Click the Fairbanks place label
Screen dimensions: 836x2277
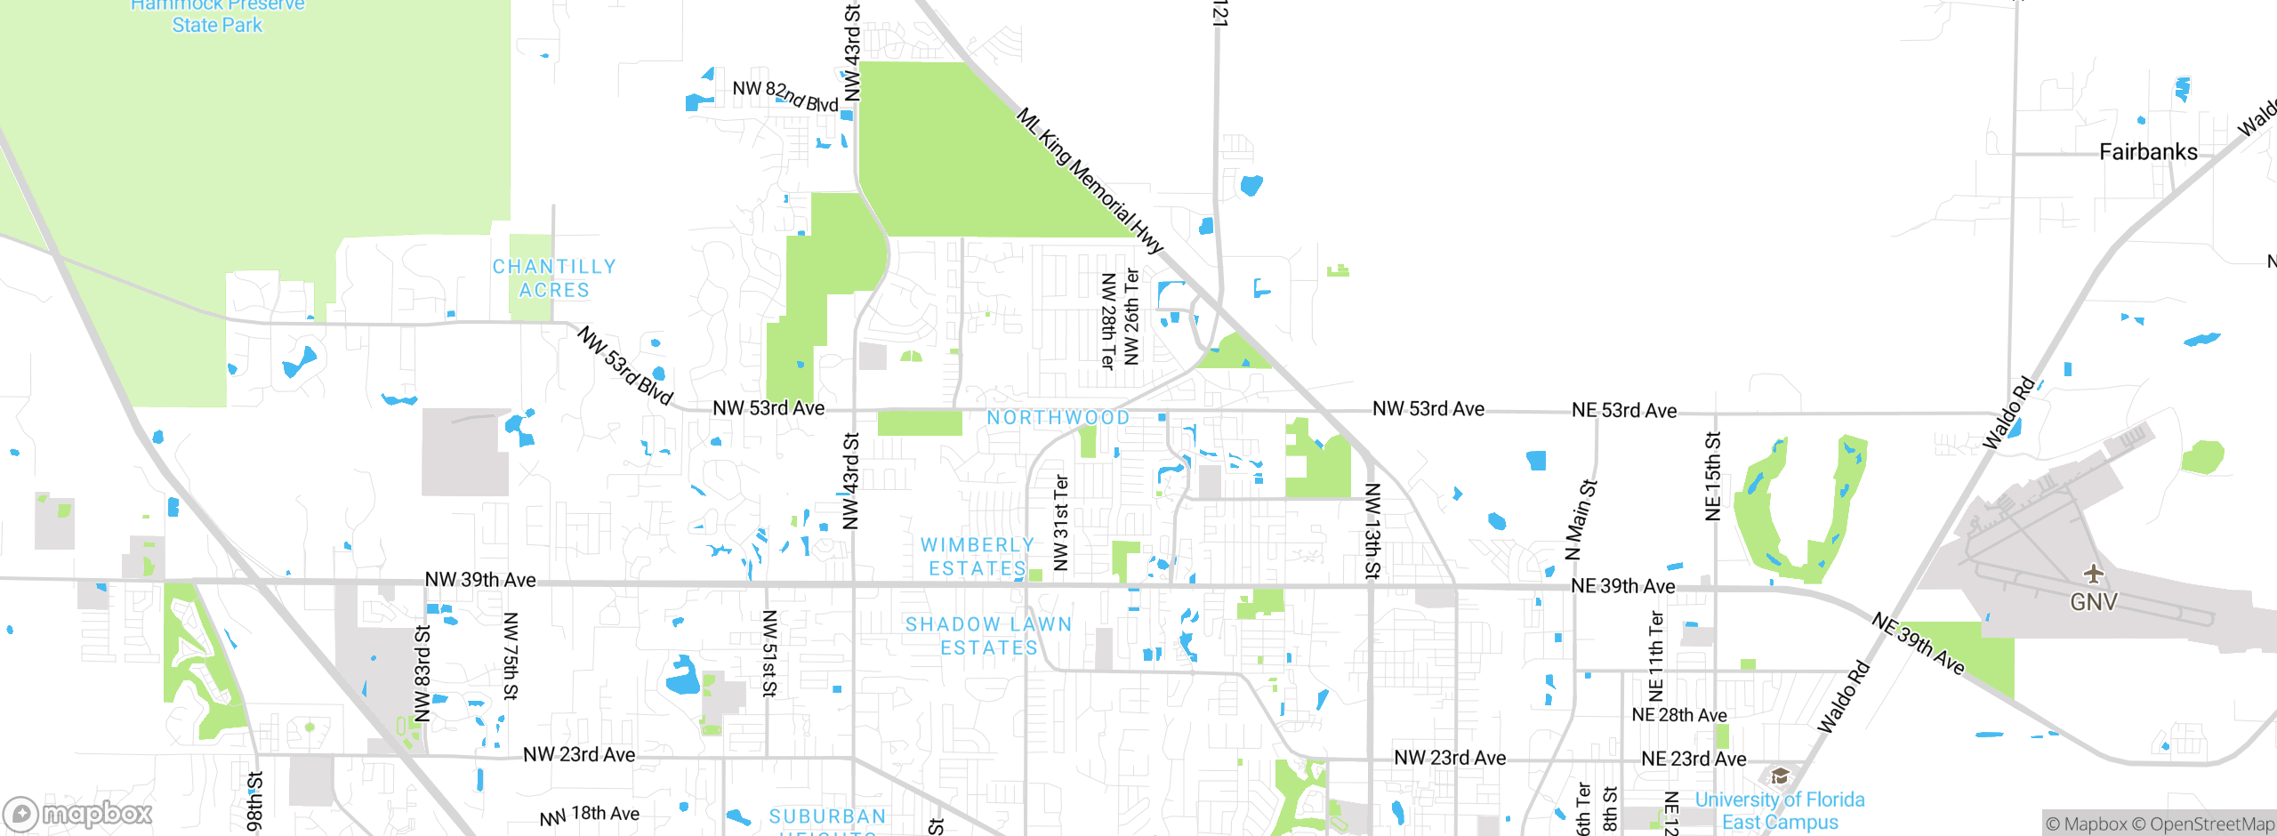[2147, 152]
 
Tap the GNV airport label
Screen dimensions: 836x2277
[2093, 602]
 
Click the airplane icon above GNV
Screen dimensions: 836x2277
[2093, 574]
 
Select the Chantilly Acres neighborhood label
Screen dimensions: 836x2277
[554, 278]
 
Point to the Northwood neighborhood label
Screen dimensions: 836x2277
[1058, 418]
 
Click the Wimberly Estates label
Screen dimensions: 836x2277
[977, 557]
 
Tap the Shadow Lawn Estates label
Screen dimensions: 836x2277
[988, 636]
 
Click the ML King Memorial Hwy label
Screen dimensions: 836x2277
[1090, 181]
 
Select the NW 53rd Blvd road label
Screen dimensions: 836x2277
[625, 366]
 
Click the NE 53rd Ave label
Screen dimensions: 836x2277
[1623, 411]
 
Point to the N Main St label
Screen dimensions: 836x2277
[1581, 520]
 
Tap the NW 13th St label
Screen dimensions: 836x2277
[1372, 531]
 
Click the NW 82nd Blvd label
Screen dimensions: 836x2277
[784, 96]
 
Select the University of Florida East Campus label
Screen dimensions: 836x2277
[1779, 811]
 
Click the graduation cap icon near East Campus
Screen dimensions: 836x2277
[1779, 776]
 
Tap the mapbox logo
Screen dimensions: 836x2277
[78, 814]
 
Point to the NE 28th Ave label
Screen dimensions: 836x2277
[1678, 715]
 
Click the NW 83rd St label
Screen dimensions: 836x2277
[422, 673]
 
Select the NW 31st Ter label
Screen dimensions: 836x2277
[1060, 523]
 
